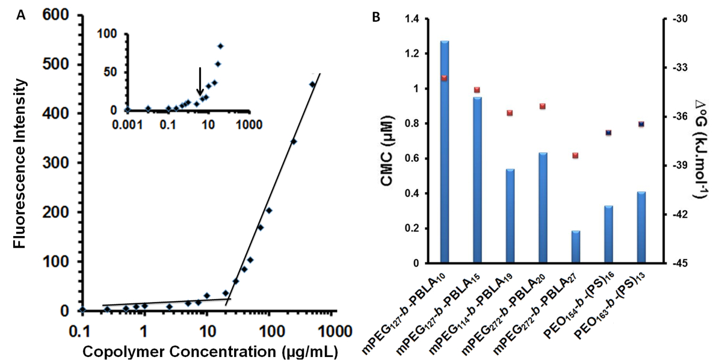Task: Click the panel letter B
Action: [376, 17]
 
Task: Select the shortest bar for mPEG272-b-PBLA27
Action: [575, 247]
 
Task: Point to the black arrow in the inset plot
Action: [200, 81]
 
